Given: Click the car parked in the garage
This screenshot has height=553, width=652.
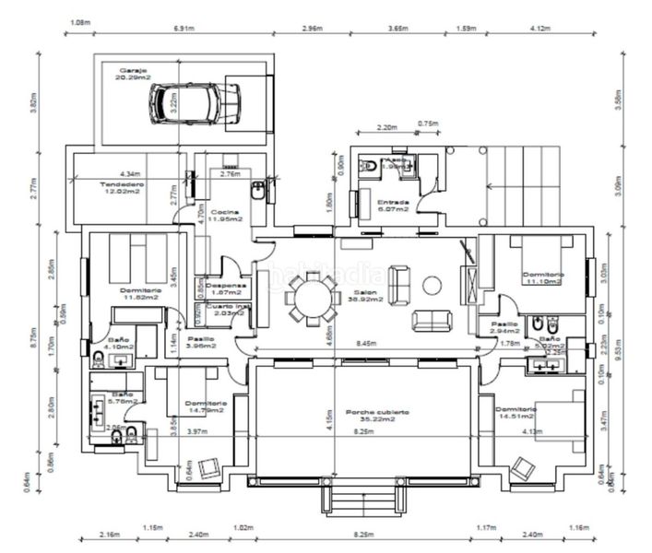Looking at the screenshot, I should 195,101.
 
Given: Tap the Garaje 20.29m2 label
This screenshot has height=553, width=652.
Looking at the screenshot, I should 134,75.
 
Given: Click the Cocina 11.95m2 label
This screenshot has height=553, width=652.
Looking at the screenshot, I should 224,217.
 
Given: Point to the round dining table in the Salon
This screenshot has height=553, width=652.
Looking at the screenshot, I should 311,300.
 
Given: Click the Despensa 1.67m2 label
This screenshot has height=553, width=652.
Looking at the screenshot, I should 224,289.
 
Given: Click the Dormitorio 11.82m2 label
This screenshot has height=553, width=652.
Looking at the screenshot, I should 141,295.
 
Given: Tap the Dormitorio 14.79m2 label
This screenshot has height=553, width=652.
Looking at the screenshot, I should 205,406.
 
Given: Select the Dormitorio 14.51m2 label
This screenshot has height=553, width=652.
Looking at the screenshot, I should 515,412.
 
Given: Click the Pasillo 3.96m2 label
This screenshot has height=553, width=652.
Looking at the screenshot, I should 202,342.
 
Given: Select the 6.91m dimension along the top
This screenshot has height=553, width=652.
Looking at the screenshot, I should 184,29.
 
